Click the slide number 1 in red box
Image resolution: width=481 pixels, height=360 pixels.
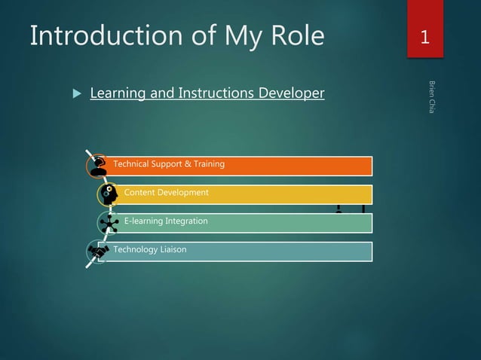tap(425, 36)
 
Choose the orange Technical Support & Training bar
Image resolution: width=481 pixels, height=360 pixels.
tap(286, 165)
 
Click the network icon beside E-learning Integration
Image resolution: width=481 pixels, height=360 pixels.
tap(109, 223)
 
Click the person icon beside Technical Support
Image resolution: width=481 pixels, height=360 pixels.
tap(98, 165)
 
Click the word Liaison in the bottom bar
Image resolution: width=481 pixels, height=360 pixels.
tap(173, 249)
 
